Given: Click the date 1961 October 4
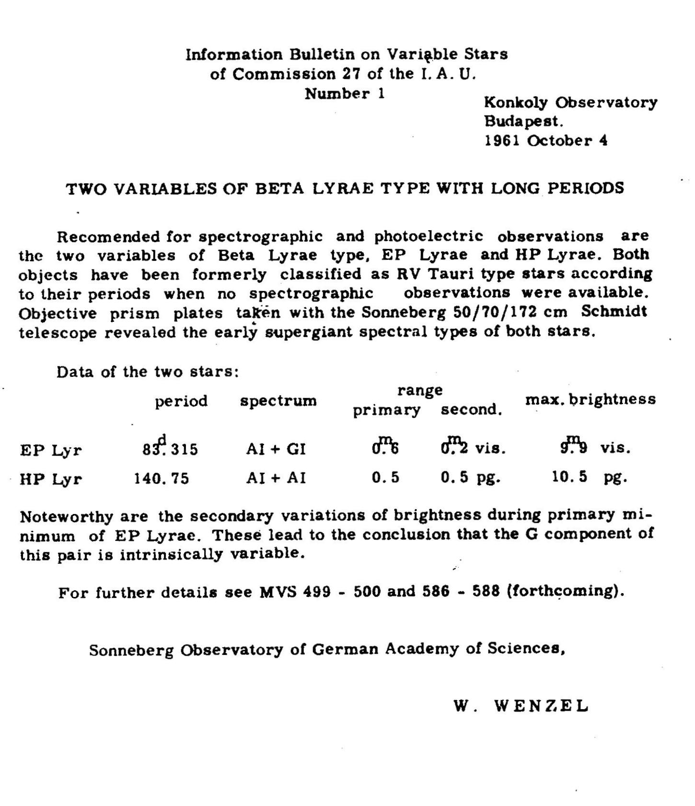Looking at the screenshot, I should (546, 140).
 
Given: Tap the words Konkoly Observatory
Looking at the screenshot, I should (570, 103).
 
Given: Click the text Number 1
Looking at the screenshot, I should (345, 93).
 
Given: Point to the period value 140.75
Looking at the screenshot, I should (162, 479).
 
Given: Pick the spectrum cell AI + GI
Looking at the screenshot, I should (276, 449).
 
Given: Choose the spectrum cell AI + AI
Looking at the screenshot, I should (276, 478).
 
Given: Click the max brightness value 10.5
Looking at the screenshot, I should (569, 477).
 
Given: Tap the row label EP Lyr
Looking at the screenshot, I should (51, 450).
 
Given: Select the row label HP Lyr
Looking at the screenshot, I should (51, 479).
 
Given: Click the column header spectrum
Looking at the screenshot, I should (278, 401).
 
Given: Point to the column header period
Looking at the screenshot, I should (181, 401).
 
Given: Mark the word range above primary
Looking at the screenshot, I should (420, 390).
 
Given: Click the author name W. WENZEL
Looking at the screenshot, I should (521, 706).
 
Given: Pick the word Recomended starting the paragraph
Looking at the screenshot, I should (108, 237).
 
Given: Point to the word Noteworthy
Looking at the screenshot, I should (67, 517).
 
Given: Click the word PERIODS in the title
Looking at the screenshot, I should (586, 188).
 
